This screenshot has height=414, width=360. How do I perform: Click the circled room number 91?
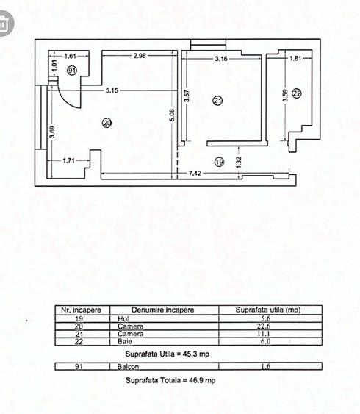(x=71, y=70)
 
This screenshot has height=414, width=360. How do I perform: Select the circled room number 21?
(x=217, y=101)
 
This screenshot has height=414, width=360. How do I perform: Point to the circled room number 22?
(x=296, y=93)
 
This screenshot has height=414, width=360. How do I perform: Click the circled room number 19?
(x=218, y=161)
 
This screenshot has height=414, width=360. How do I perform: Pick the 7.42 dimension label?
(x=195, y=173)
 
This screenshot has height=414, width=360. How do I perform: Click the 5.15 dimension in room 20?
(x=112, y=90)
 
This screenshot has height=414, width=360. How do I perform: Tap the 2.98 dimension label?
(x=140, y=56)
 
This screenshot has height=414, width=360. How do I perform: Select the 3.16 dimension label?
(x=221, y=58)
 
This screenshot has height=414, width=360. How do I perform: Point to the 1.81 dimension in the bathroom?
(x=295, y=58)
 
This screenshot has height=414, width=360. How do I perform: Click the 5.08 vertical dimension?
(x=171, y=116)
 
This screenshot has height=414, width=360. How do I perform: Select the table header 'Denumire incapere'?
(x=163, y=310)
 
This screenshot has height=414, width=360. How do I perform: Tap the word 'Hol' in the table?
(x=123, y=319)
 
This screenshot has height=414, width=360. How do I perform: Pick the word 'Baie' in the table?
(x=123, y=342)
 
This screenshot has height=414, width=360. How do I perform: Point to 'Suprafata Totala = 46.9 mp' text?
(x=170, y=380)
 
